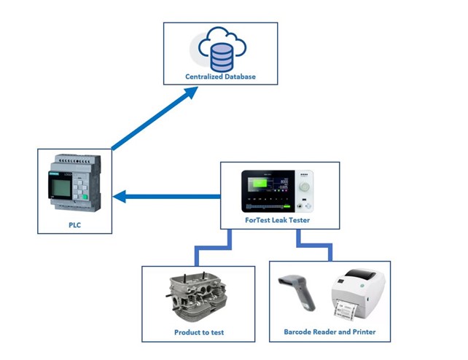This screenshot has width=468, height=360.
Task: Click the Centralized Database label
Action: coord(220,76)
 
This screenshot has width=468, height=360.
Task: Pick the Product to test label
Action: coord(199,332)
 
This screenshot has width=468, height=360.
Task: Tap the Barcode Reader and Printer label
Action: coord(329,332)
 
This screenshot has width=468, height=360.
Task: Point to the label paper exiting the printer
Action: coord(343,310)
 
